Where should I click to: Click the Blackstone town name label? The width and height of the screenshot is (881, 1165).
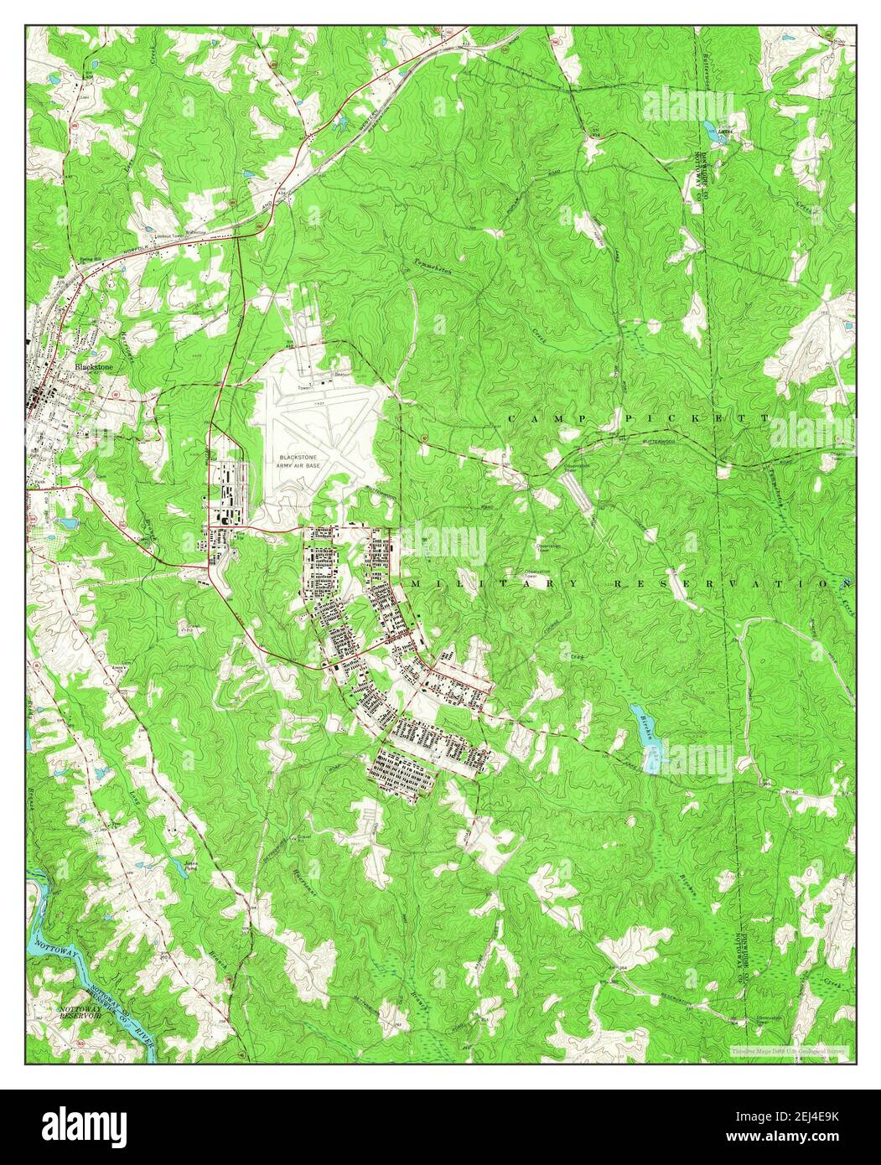[94, 366]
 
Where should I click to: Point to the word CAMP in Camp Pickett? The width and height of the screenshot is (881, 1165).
[548, 417]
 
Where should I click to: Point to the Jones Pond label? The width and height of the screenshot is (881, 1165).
[194, 865]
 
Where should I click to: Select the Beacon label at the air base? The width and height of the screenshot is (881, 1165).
[342, 375]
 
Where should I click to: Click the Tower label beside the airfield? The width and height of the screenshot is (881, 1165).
[304, 388]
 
